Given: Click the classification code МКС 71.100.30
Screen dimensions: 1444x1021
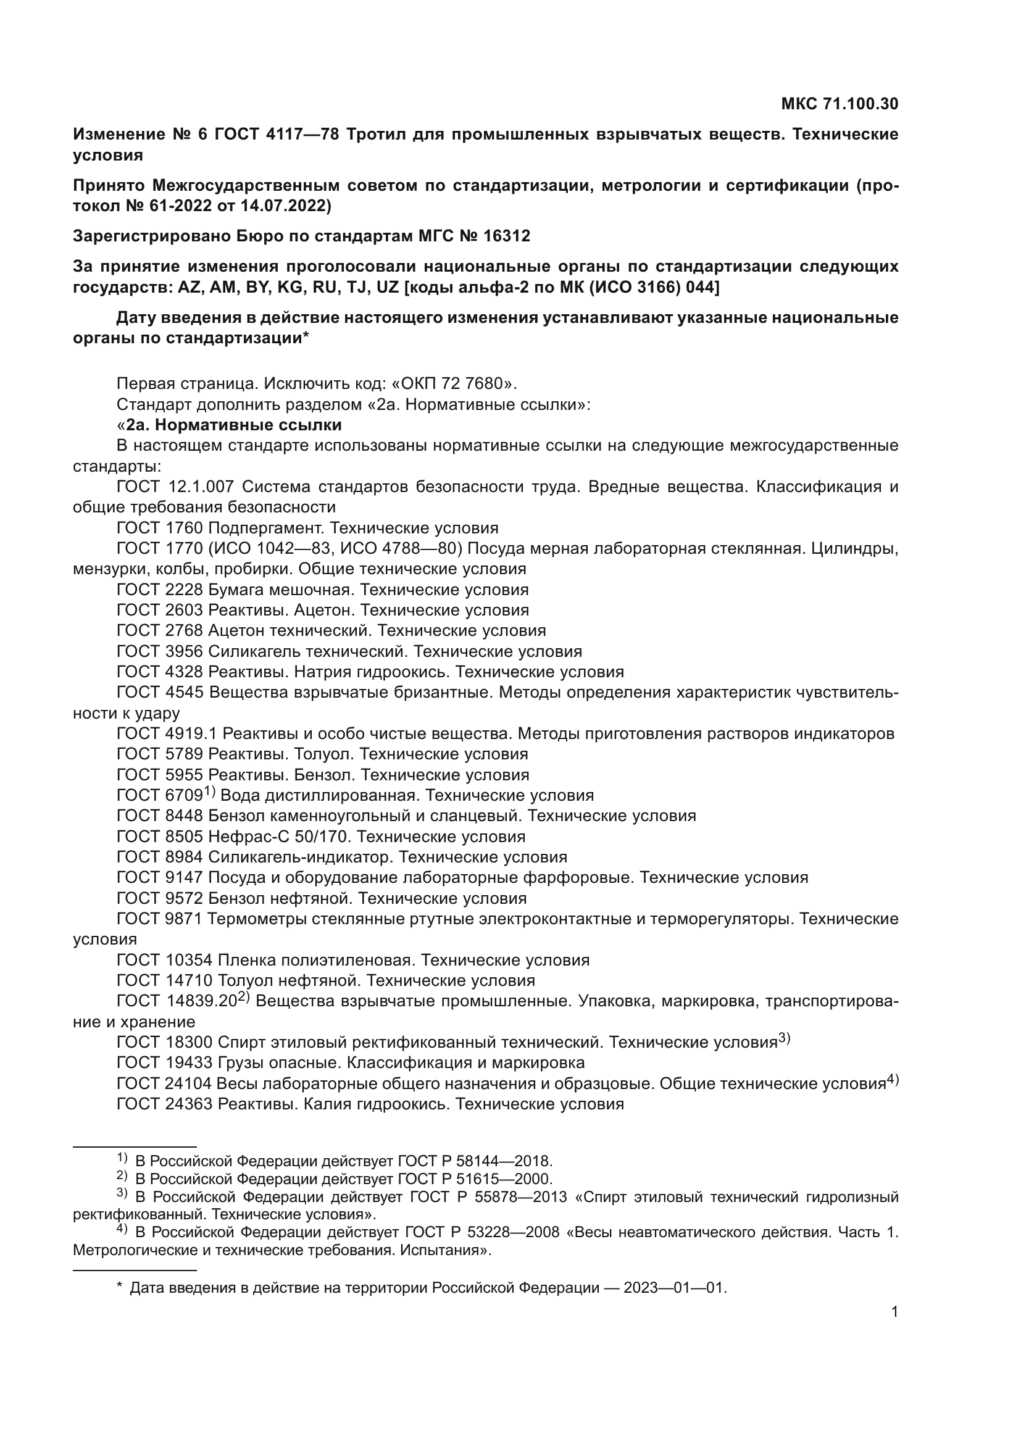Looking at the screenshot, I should tap(840, 104).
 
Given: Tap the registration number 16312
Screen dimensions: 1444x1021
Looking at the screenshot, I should tap(507, 236).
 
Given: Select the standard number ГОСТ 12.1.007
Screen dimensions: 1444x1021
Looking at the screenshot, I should tap(175, 486).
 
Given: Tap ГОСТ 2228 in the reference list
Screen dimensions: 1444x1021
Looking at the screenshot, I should tap(160, 590).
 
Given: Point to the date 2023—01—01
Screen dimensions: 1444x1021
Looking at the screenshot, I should tap(675, 1288).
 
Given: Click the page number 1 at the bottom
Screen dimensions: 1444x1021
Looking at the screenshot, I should tap(894, 1312).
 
